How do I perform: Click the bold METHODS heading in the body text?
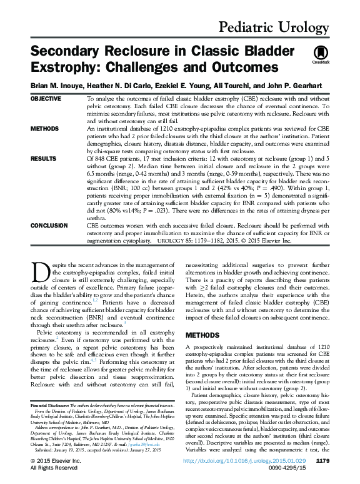pos(204,335)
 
